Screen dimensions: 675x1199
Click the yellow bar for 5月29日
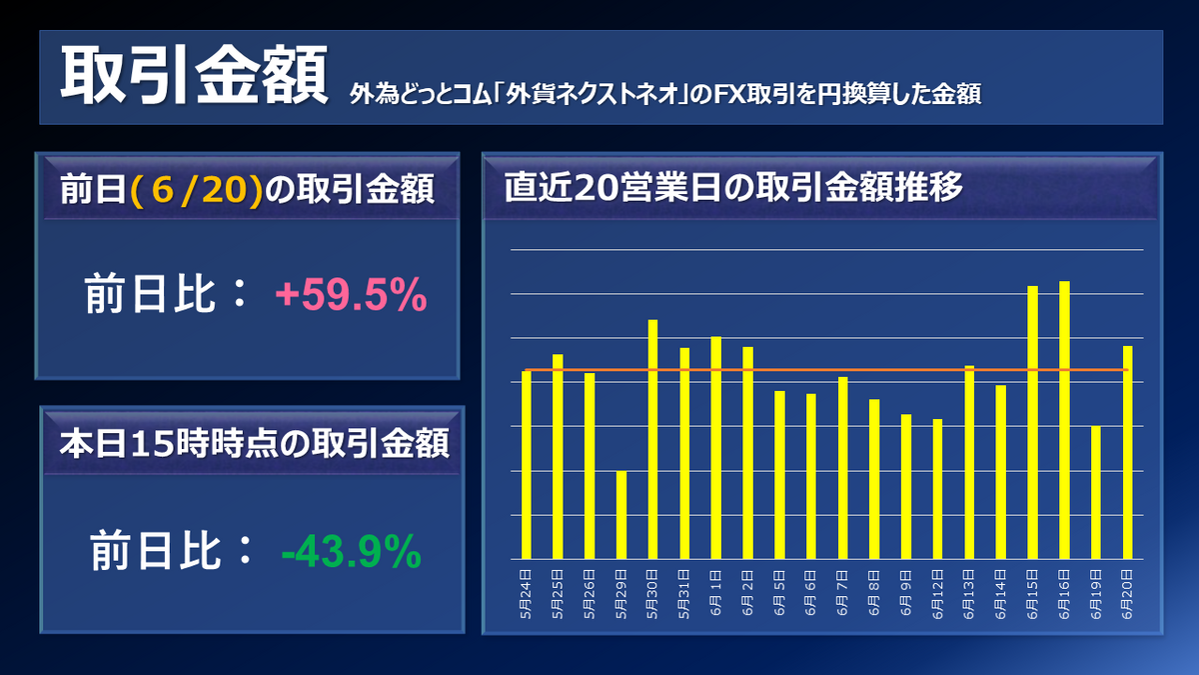coord(621,515)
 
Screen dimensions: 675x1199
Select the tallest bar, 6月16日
coord(1064,420)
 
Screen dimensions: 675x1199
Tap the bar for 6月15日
coord(1033,422)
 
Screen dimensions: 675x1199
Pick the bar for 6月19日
coord(1096,492)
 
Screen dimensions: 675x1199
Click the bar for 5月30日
coord(652,439)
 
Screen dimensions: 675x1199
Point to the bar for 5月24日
coord(527,465)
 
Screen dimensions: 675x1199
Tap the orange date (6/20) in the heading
coord(197,191)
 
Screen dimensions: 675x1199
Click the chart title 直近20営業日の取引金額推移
coord(733,188)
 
